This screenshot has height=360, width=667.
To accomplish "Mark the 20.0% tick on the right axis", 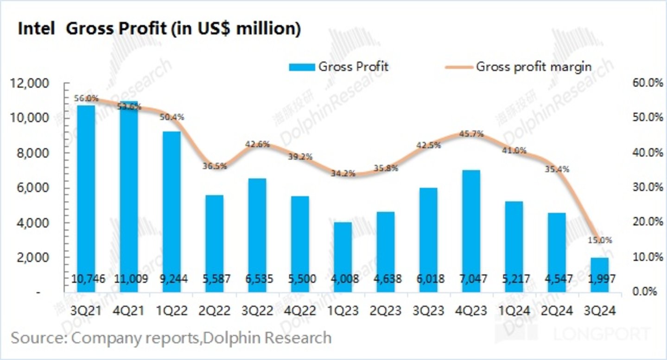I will [644, 222].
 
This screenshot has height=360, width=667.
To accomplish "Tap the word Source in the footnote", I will [32, 337].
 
